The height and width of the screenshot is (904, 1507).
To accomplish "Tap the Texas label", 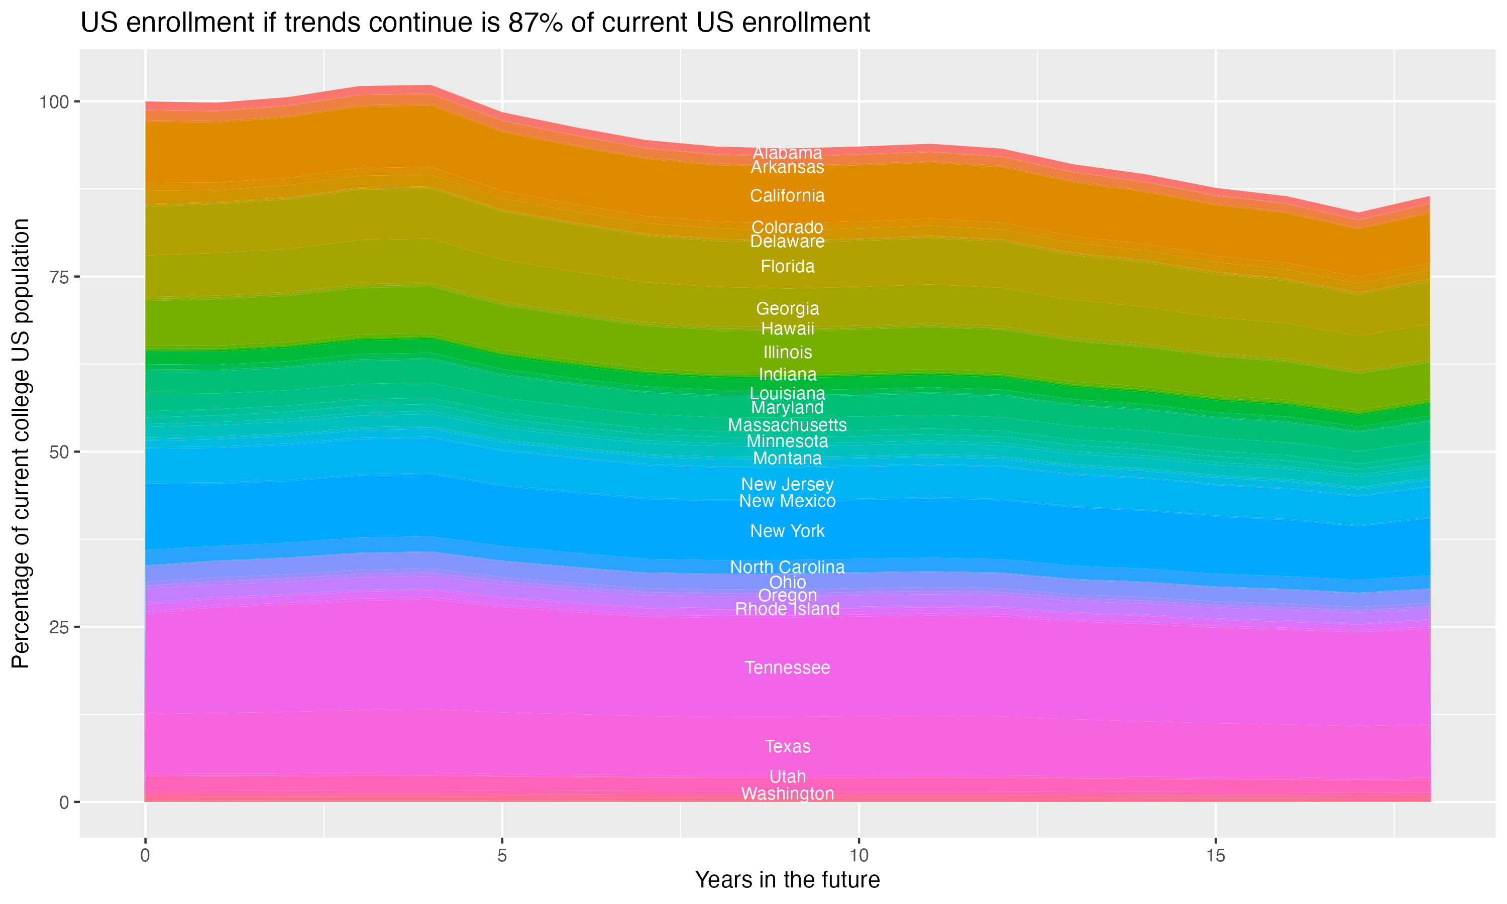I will click(x=787, y=746).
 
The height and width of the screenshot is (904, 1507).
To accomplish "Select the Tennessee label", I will click(x=787, y=667).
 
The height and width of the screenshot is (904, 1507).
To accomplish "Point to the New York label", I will click(x=787, y=531).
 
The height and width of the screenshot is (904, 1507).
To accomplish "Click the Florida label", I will click(x=787, y=267).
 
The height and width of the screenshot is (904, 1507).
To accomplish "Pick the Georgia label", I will click(x=787, y=309).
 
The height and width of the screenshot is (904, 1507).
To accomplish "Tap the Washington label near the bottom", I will click(x=787, y=794).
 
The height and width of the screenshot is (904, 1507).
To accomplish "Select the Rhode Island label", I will click(x=787, y=609).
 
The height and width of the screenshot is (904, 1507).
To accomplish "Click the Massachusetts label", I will click(x=787, y=425).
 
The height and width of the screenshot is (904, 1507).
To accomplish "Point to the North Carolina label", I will click(x=787, y=567).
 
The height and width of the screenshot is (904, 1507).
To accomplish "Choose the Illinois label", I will click(x=787, y=352).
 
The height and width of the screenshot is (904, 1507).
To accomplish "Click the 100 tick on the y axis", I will click(x=54, y=102).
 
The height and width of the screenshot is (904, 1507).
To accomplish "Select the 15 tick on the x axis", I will click(x=1215, y=856).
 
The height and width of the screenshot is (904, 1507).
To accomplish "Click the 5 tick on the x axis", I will click(x=502, y=856).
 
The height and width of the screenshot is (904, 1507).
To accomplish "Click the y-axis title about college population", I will click(x=21, y=443).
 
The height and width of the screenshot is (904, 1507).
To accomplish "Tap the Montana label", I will click(x=787, y=458).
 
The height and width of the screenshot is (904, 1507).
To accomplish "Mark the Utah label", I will click(x=787, y=776).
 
